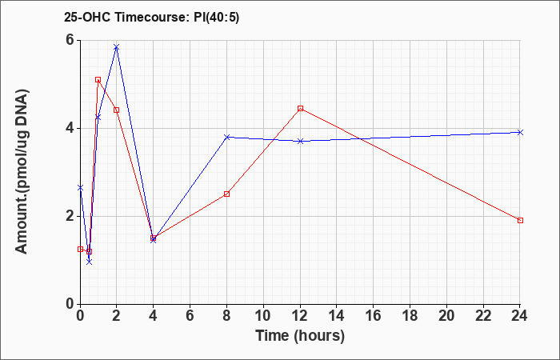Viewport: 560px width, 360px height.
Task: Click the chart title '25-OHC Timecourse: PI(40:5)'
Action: pyautogui.click(x=151, y=17)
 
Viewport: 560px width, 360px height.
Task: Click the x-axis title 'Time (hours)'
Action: pyautogui.click(x=300, y=336)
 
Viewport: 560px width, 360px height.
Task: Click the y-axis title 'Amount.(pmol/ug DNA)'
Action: pyautogui.click(x=22, y=171)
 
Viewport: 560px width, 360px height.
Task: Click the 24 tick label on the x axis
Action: pyautogui.click(x=520, y=316)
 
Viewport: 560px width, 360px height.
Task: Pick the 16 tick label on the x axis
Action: pyautogui.click(x=374, y=316)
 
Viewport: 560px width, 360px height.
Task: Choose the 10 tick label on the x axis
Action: pyautogui.click(x=263, y=316)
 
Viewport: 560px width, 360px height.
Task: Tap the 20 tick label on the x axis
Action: pyautogui.click(x=446, y=316)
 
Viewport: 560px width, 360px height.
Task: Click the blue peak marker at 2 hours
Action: pyautogui.click(x=117, y=47)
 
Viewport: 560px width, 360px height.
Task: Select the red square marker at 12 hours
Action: pyautogui.click(x=300, y=108)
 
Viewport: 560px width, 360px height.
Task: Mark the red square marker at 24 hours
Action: pyautogui.click(x=520, y=220)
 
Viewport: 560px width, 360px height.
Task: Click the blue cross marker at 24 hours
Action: pyautogui.click(x=520, y=132)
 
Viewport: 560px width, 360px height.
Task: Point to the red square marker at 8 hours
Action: pyautogui.click(x=226, y=194)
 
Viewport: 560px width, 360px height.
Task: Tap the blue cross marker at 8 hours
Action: pyautogui.click(x=226, y=137)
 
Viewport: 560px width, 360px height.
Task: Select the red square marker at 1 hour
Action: pyautogui.click(x=98, y=80)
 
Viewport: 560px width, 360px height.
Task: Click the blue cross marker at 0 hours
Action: pyautogui.click(x=80, y=187)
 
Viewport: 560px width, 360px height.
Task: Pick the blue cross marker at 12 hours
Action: pyautogui.click(x=300, y=141)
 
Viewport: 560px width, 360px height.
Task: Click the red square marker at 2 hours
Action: pyautogui.click(x=117, y=110)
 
